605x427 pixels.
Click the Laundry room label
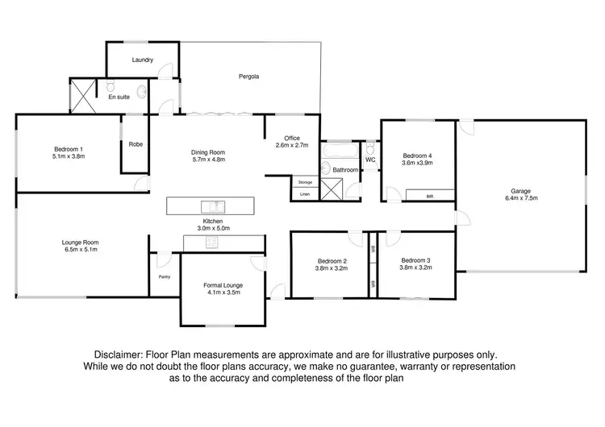pos(143,60)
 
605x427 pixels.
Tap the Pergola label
pos(248,77)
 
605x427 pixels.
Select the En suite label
pos(119,97)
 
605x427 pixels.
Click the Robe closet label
pos(136,144)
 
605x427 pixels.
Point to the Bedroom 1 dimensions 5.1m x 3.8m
pos(69,157)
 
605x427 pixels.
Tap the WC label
pos(370,160)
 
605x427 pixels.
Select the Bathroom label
pos(345,170)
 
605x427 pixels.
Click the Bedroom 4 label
pos(417,155)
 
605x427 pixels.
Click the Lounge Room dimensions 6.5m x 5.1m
pos(80,250)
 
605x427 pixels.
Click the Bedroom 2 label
pos(332,261)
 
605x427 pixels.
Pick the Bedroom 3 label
pos(416,259)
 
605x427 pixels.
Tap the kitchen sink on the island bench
pos(212,205)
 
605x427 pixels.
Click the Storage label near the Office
pos(305,182)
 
